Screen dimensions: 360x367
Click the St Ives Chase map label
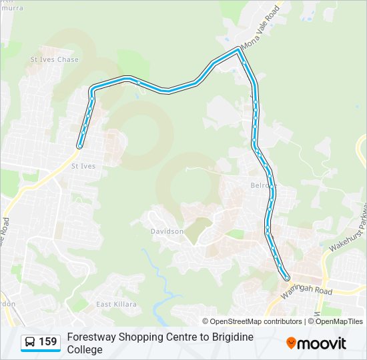pyautogui.click(x=55, y=60)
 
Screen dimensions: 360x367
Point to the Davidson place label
pyautogui.click(x=167, y=231)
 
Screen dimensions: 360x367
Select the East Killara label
pyautogui.click(x=116, y=305)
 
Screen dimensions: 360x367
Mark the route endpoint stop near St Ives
pyautogui.click(x=80, y=146)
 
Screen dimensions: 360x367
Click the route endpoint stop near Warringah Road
pyautogui.click(x=288, y=278)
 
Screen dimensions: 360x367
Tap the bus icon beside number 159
pyautogui.click(x=30, y=342)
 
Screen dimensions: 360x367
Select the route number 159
pyautogui.click(x=48, y=342)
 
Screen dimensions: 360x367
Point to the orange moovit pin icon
pyautogui.click(x=291, y=343)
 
